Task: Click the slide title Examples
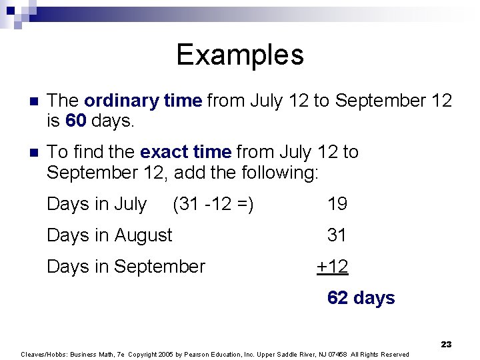tap(240, 55)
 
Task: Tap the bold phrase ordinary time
tap(143, 101)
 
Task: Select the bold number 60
tap(76, 121)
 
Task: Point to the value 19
tap(337, 204)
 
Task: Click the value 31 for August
tap(337, 235)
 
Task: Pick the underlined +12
tap(332, 267)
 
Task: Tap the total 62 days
tap(361, 298)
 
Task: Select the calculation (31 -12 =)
tap(213, 204)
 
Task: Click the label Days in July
tap(97, 204)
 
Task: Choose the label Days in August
tap(109, 235)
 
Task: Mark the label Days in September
tap(126, 267)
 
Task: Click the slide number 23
tap(446, 344)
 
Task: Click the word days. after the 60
tap(113, 121)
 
